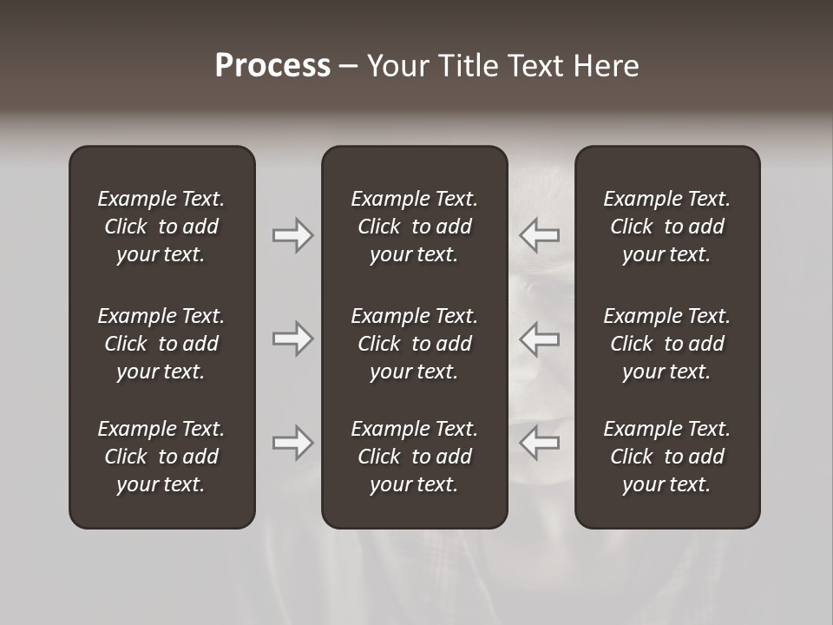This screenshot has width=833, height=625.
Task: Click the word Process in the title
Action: click(272, 66)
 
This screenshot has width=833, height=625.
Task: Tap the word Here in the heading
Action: click(606, 66)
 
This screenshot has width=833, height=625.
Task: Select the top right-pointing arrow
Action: click(293, 235)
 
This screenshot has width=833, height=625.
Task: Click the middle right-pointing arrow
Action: click(293, 339)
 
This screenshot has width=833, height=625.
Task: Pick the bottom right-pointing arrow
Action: click(293, 443)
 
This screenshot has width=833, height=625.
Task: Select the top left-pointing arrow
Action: click(540, 235)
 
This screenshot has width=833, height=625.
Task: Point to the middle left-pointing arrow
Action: click(540, 339)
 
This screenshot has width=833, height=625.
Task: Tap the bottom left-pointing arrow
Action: click(540, 443)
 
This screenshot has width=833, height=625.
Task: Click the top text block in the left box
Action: click(161, 227)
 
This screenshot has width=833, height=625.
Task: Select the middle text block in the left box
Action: click(161, 344)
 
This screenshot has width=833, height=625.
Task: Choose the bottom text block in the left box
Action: click(161, 457)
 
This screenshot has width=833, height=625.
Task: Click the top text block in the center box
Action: click(414, 227)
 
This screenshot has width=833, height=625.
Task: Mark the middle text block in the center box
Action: click(414, 344)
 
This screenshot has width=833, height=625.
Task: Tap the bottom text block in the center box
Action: click(414, 457)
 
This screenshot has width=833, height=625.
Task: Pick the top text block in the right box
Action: click(666, 227)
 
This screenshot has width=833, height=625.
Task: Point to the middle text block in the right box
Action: click(666, 344)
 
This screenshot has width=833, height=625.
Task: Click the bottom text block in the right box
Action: click(666, 457)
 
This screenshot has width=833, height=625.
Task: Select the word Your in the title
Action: click(397, 66)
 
